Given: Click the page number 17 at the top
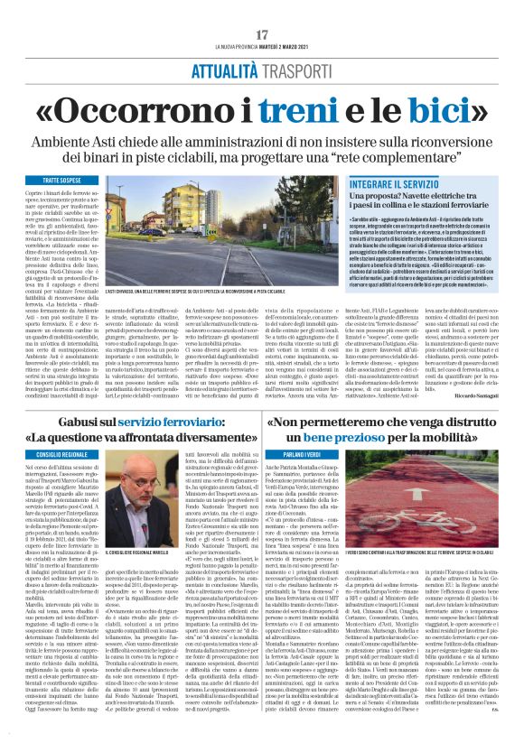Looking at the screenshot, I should tap(262, 34).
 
